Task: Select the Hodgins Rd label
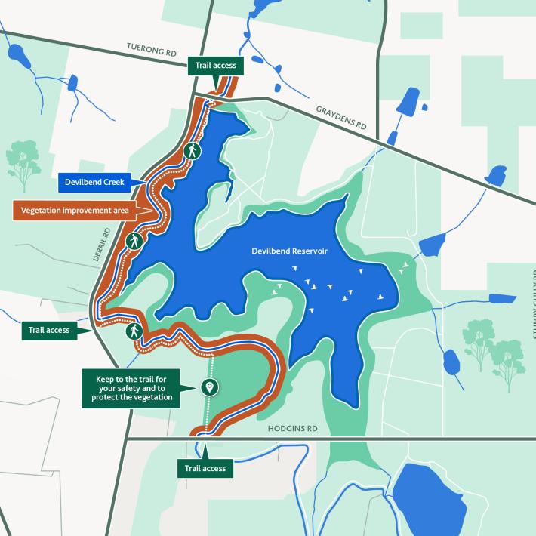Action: pos(293,428)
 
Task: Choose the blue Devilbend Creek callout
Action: pos(94,182)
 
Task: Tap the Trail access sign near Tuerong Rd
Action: pos(215,66)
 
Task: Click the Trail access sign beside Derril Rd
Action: pos(49,330)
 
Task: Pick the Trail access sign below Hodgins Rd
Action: pos(205,468)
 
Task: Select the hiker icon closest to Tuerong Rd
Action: pos(193,150)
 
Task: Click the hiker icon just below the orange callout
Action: pos(134,242)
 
